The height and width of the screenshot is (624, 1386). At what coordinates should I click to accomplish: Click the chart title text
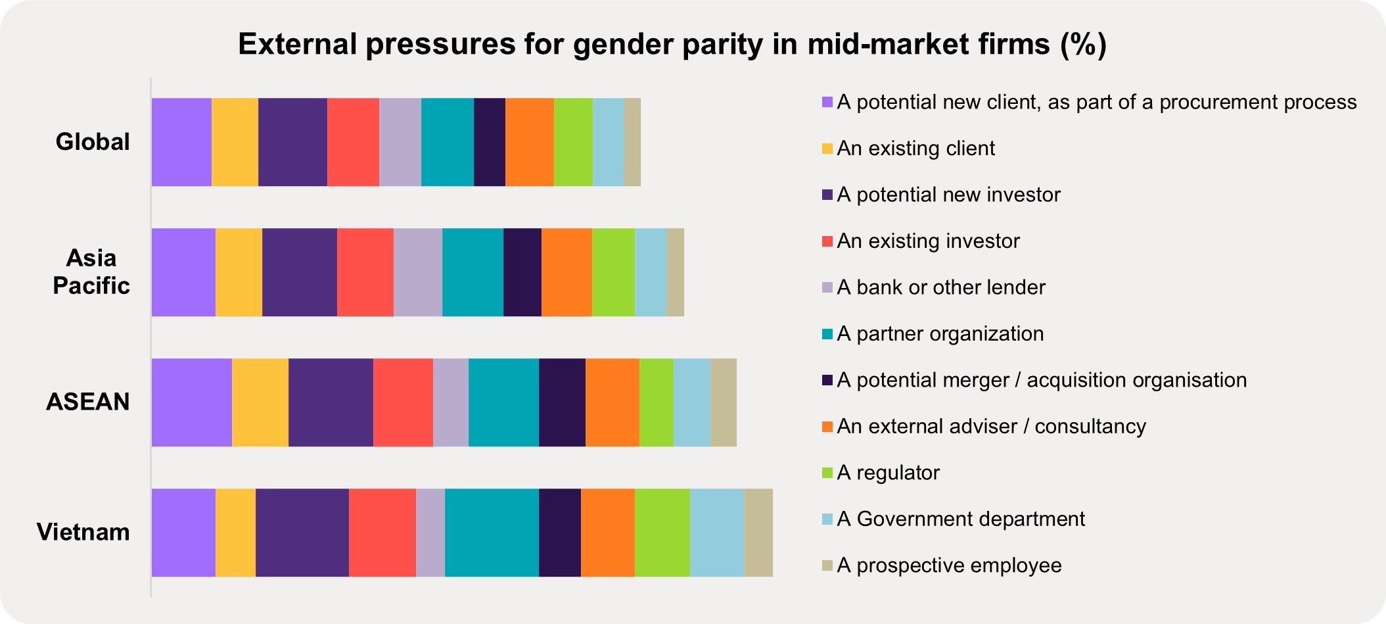point(672,44)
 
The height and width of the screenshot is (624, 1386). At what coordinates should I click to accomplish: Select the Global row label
point(93,142)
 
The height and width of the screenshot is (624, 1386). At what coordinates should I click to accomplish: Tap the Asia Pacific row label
point(91,272)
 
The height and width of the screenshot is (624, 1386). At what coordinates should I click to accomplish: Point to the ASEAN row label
point(88,402)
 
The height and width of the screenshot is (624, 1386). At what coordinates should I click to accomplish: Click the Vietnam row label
point(83,532)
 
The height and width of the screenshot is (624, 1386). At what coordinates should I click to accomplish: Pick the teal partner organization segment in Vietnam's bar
point(492,533)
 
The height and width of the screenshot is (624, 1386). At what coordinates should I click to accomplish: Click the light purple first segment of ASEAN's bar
point(191,402)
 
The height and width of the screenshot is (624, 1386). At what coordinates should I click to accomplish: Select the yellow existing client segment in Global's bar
point(235,142)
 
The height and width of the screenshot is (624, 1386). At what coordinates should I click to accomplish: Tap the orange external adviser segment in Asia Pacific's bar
point(566,272)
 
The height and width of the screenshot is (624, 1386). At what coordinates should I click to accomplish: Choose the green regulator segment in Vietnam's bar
point(662,533)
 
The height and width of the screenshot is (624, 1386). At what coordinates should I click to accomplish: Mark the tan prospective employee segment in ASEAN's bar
point(723,402)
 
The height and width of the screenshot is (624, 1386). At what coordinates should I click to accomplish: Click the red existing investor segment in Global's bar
point(353,142)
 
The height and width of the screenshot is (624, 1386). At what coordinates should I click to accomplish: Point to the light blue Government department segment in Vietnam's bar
point(716,533)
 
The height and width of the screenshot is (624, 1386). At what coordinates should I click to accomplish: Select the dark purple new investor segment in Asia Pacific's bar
point(299,272)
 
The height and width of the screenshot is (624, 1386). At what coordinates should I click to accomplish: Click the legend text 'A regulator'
point(888,473)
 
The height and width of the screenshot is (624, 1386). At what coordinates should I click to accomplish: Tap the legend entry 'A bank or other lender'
point(940,287)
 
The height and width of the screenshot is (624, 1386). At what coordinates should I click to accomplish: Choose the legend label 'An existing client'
point(915,149)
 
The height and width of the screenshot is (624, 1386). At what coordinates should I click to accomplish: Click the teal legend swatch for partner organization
point(827,334)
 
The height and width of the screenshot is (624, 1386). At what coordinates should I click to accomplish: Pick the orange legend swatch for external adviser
point(827,427)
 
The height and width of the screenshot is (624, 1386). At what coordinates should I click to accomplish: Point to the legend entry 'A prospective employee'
point(949,565)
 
